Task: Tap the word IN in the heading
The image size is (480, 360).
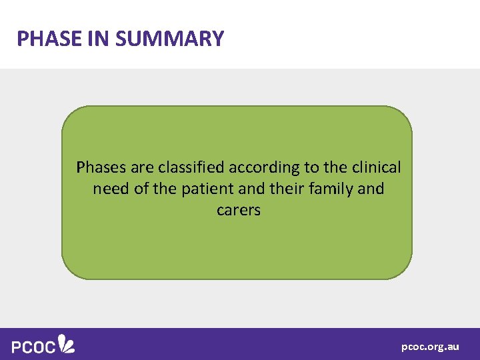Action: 99,39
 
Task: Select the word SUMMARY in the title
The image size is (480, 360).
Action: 170,39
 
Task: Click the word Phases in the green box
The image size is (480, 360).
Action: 99,167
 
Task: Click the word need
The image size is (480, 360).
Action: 111,189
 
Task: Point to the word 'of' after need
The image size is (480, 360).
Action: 141,189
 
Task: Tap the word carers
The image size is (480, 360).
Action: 239,211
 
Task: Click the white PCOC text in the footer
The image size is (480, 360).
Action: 33,345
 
